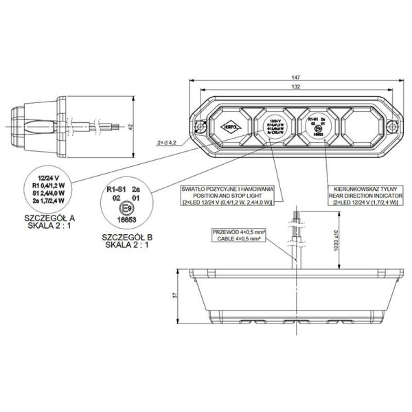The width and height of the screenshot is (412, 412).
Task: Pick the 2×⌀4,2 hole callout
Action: point(167,143)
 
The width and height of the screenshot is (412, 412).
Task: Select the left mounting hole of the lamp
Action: point(201,126)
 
